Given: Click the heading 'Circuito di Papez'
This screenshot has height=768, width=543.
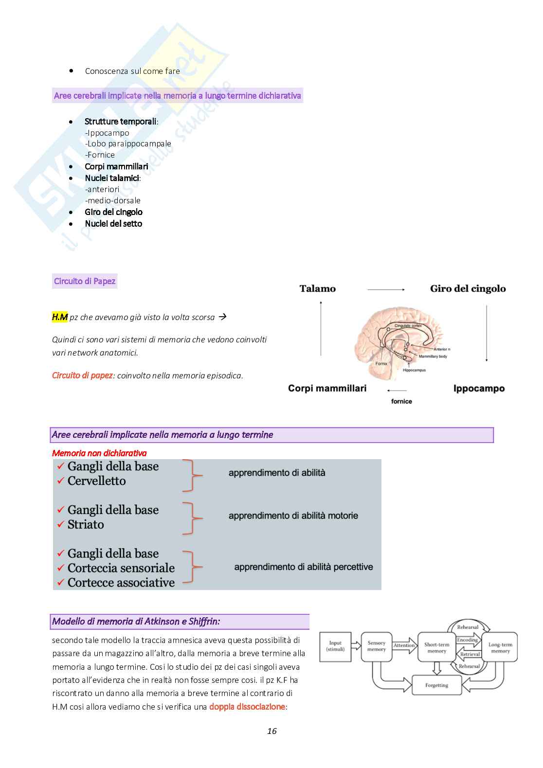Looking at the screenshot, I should coord(85,281).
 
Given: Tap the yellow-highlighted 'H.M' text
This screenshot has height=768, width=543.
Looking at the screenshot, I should coord(59,317).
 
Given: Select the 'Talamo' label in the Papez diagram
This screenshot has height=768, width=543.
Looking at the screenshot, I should coord(317,289).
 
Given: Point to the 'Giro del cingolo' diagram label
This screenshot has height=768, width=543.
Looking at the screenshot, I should coord(468,289).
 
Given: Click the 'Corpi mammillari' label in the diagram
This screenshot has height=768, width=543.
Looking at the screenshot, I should coord(327,388).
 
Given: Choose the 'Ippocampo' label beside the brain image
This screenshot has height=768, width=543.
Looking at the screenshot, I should coord(479,389).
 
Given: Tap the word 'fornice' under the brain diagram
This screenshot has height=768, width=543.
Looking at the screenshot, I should coord(401,401).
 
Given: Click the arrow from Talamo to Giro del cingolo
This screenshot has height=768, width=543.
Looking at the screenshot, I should coord(386,289).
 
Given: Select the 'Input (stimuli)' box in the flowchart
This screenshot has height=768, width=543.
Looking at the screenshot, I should coord(335,646).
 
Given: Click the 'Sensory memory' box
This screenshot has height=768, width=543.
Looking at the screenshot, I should coord(377,646).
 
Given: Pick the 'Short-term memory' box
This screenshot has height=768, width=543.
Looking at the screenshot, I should coord(436,647).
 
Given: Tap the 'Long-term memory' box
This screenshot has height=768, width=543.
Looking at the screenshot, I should coord(500,647).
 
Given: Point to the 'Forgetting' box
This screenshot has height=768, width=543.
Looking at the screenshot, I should coord(436,685).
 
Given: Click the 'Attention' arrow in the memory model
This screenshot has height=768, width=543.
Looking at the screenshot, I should coord(404,645).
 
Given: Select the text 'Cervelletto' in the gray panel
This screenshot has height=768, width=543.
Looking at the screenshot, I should coord(96,481).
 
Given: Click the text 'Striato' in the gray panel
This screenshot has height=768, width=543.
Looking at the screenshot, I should coord(86,525).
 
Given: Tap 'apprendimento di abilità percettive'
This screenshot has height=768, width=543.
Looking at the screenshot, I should coord(304,567).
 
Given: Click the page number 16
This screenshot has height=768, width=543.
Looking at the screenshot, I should coord(271,731).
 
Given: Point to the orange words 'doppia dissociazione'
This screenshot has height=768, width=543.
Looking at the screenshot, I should coord(247,707).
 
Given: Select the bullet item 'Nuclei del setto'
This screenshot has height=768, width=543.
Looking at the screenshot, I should coord(113,224).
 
